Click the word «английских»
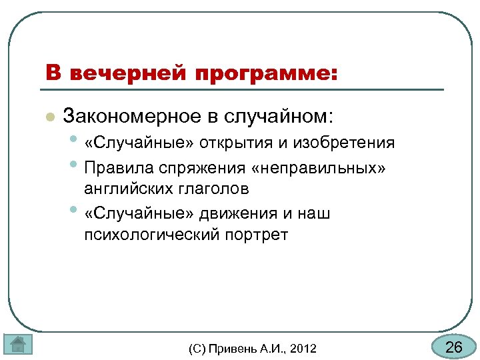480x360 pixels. [x=128, y=189]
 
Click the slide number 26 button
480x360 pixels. [x=454, y=347]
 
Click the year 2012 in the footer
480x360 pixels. [x=304, y=349]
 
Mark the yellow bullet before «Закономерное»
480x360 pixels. [x=48, y=117]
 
